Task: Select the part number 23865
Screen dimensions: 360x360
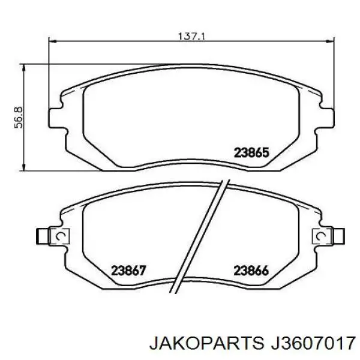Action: (x=250, y=152)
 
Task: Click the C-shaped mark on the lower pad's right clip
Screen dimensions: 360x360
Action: (x=323, y=236)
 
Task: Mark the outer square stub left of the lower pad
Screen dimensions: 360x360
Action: (x=43, y=236)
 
